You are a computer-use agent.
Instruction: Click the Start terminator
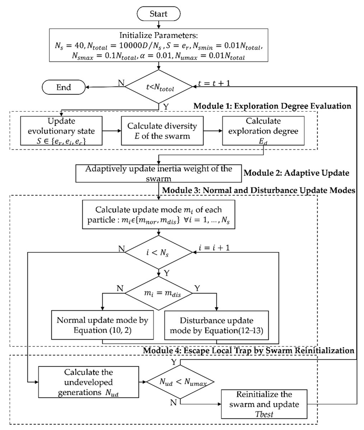click(158, 14)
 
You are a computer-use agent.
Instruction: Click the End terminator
click(64, 87)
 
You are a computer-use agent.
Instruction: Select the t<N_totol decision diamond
click(159, 87)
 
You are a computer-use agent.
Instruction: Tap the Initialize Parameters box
click(158, 45)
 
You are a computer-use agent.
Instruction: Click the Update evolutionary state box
click(61, 131)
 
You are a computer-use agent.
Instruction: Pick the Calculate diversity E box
click(162, 131)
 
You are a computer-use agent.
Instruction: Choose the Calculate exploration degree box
click(263, 131)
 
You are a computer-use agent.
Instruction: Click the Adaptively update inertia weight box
click(158, 173)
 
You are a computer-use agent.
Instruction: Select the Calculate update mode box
click(158, 214)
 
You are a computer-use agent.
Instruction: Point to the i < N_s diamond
click(159, 252)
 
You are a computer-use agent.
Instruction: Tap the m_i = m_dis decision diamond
click(159, 293)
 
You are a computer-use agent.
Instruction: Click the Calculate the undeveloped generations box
click(89, 382)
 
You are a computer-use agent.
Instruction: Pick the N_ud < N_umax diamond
click(180, 382)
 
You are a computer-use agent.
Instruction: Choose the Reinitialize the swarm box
click(264, 404)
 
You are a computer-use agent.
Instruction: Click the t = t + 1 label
click(214, 83)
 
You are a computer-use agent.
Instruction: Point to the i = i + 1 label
click(214, 248)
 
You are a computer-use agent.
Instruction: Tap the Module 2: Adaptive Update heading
click(297, 173)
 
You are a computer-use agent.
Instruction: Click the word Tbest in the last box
click(264, 414)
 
